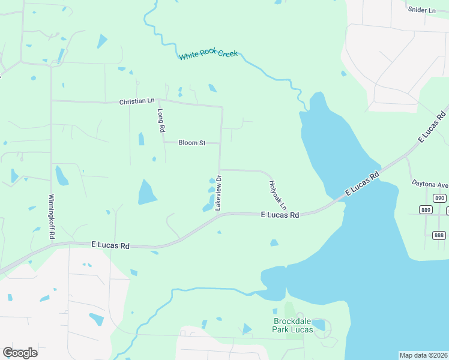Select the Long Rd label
tap(160, 121)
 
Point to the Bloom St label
tap(192, 143)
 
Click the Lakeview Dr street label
tap(219, 192)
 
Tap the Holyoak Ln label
tap(278, 194)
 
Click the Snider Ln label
tap(421, 10)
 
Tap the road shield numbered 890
tap(440, 198)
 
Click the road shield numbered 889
tap(427, 209)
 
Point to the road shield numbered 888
tap(438, 235)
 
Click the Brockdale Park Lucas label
tap(294, 325)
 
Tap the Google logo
tap(20, 353)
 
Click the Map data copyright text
tap(423, 355)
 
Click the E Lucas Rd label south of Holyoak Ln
tap(280, 214)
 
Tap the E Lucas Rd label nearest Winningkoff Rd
tap(111, 245)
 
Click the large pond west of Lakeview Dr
tap(147, 192)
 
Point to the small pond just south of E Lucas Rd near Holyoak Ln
tap(274, 242)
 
